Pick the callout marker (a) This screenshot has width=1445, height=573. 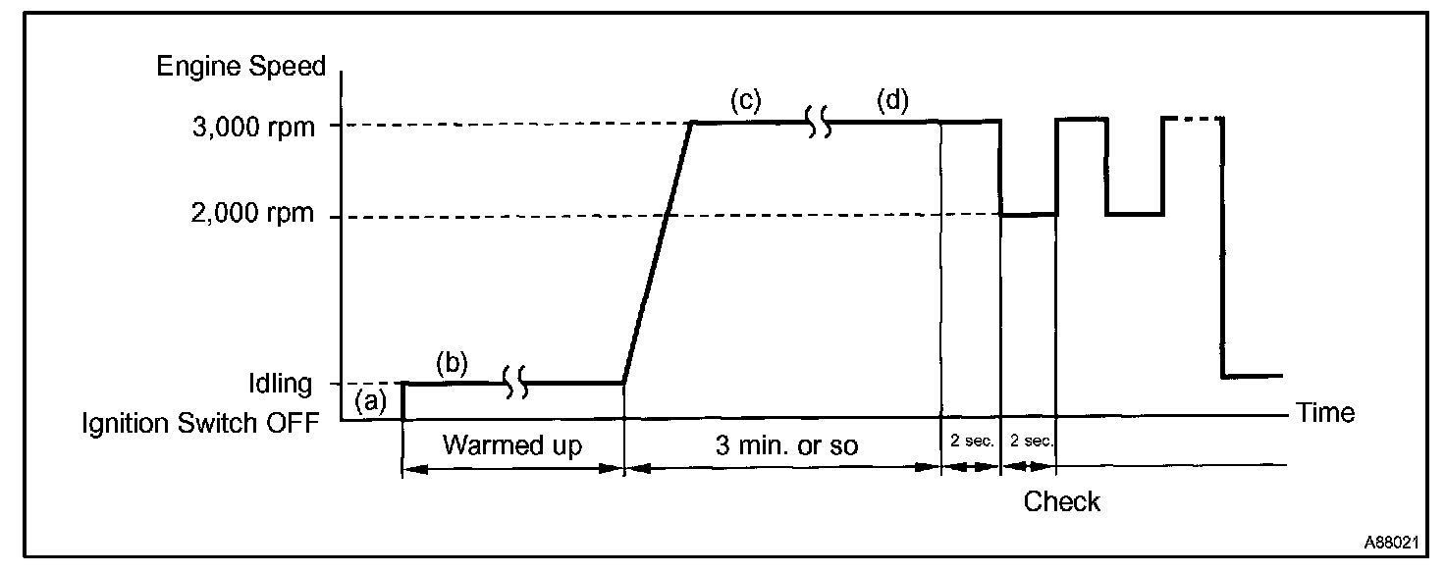(371, 399)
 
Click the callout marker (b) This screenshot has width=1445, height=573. (453, 364)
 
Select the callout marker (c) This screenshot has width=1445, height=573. (746, 100)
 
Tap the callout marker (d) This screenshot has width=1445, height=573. (893, 100)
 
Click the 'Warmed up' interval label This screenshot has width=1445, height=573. (511, 445)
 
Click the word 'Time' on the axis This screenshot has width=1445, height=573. (1325, 412)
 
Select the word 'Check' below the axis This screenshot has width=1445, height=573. (1061, 502)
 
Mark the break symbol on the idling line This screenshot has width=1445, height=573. (516, 383)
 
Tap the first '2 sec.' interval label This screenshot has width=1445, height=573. (972, 441)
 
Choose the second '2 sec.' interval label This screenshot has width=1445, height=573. (1030, 441)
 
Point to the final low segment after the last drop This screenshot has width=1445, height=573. (1253, 376)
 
